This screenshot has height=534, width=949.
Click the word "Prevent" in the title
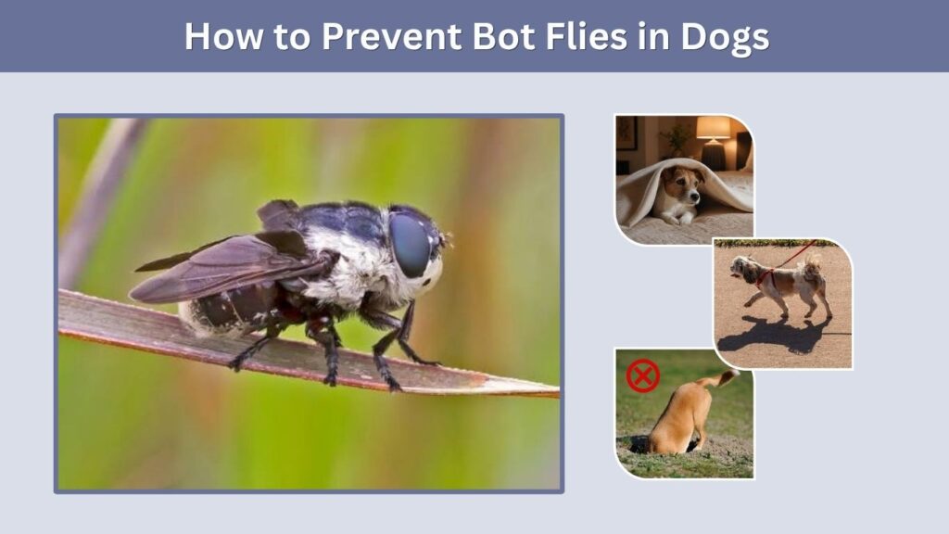[392, 36]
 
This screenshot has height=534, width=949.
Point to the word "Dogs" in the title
[725, 37]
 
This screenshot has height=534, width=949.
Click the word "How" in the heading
[224, 36]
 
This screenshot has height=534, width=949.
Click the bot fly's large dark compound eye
[410, 245]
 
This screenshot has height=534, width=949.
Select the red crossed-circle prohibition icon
[643, 376]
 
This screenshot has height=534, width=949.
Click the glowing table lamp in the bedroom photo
[713, 139]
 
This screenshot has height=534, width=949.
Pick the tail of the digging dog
[719, 380]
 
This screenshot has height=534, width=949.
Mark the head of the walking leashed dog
[744, 268]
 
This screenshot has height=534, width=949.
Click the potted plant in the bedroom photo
[676, 141]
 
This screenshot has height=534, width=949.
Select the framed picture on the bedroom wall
[626, 133]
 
